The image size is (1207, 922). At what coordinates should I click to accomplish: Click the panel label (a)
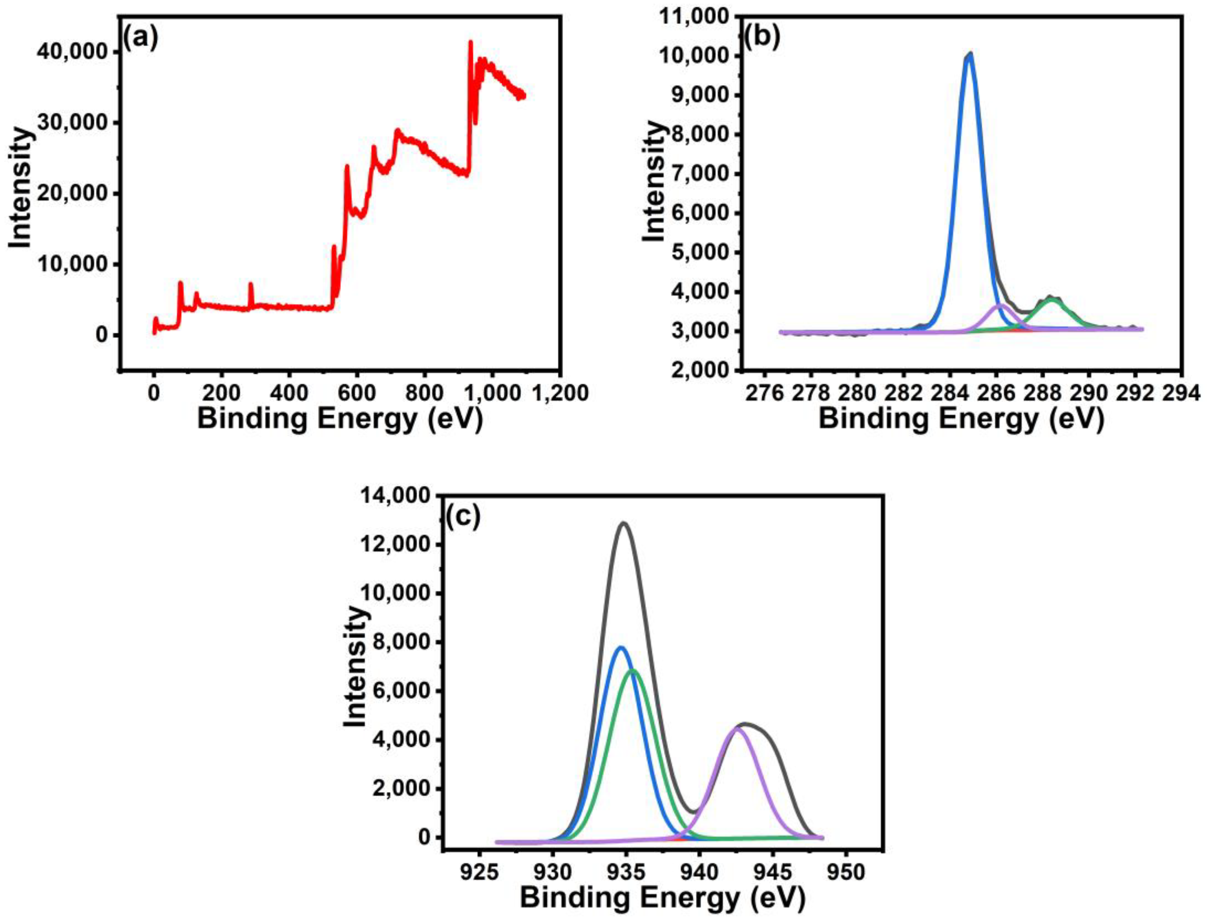(x=140, y=39)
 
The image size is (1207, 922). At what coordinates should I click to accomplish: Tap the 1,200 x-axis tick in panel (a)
(x=559, y=393)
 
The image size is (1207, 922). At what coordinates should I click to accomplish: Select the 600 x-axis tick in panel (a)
(x=357, y=393)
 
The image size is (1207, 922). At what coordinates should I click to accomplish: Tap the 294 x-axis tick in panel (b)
(x=1182, y=393)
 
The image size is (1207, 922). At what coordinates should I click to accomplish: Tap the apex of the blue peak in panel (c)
(x=621, y=648)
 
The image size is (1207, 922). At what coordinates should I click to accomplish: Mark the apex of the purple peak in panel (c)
(x=737, y=729)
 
